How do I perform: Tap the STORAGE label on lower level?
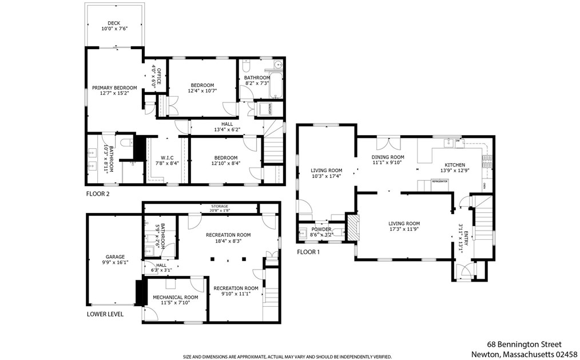click(219, 207)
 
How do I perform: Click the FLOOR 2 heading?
click(98, 194)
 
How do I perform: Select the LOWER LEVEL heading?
click(105, 314)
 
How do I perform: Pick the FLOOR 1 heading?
click(308, 252)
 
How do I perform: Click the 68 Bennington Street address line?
click(524, 345)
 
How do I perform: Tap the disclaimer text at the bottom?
click(287, 356)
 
